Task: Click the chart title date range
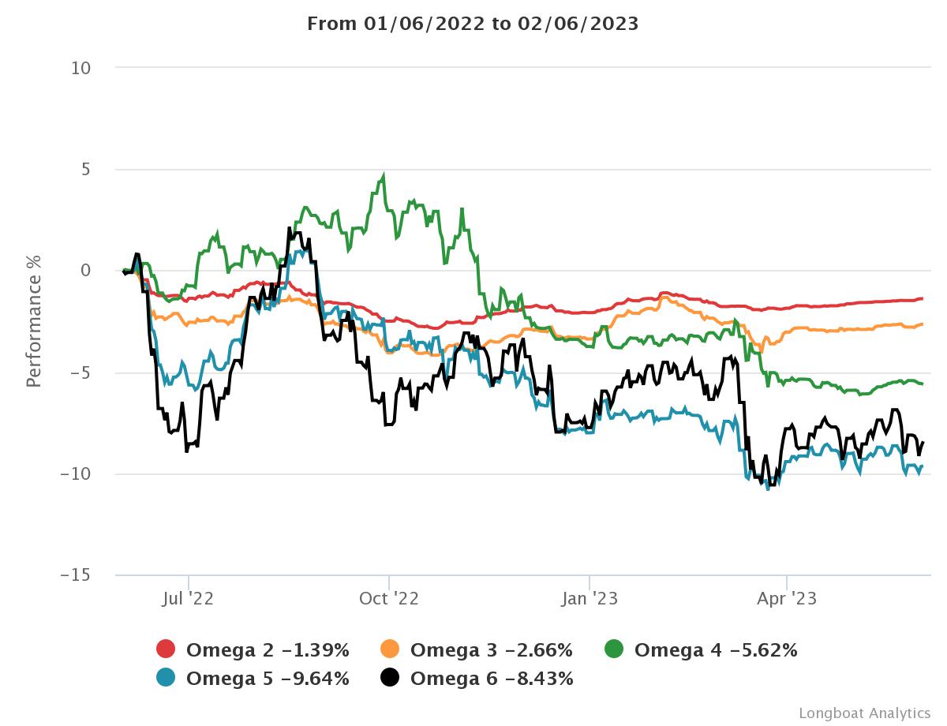click(473, 24)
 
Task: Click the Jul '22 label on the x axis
click(188, 599)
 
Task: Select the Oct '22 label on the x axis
click(388, 599)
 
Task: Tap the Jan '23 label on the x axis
click(590, 599)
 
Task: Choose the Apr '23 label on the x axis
click(787, 599)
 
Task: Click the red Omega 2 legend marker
click(166, 649)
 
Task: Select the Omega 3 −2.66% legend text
click(491, 650)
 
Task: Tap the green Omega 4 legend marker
click(614, 649)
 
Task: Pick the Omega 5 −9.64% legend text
click(268, 678)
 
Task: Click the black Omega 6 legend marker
click(390, 677)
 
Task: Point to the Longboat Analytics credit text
click(864, 713)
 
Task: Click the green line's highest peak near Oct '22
click(384, 176)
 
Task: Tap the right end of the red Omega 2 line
click(922, 298)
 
